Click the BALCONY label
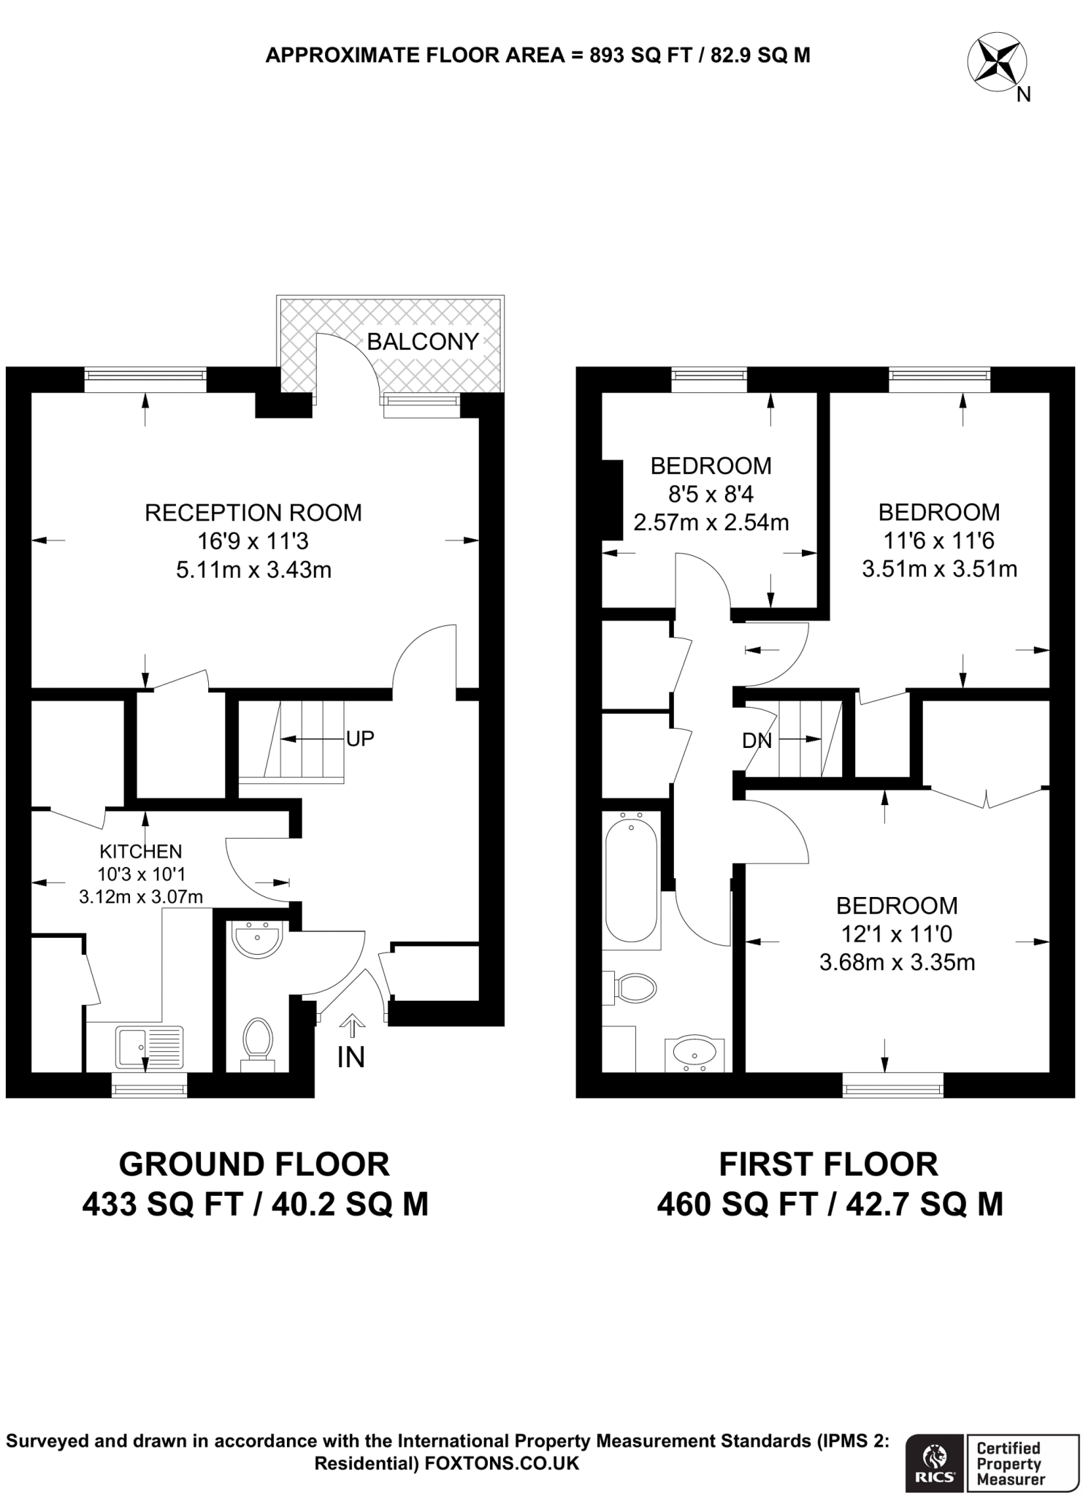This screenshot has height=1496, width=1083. (422, 341)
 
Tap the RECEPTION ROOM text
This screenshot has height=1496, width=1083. (253, 513)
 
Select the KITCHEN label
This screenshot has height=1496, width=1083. (141, 851)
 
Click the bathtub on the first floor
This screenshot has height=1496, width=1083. (631, 880)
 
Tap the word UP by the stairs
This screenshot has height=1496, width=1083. (360, 739)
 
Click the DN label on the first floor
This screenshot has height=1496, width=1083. (757, 741)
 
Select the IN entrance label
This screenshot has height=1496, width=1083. (351, 1058)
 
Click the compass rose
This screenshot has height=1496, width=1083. (997, 62)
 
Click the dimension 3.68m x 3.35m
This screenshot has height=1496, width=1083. (897, 962)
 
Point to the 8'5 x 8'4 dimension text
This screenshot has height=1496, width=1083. (711, 495)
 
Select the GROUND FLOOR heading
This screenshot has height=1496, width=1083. (254, 1164)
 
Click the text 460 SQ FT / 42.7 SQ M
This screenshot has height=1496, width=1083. (830, 1204)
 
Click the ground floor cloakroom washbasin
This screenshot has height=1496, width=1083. (256, 939)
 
